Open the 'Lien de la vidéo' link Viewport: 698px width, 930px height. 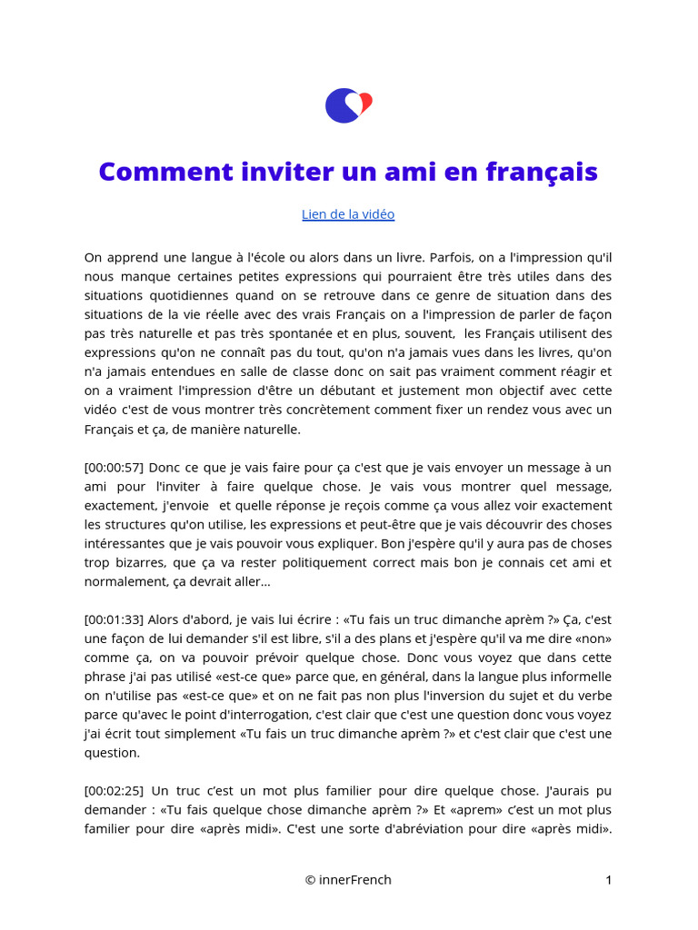348,214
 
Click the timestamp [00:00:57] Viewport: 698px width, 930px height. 114,467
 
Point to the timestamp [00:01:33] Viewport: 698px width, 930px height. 114,619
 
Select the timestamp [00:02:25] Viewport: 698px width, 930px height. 114,791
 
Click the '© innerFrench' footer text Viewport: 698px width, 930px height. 348,879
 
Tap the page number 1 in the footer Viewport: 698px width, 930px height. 608,879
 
